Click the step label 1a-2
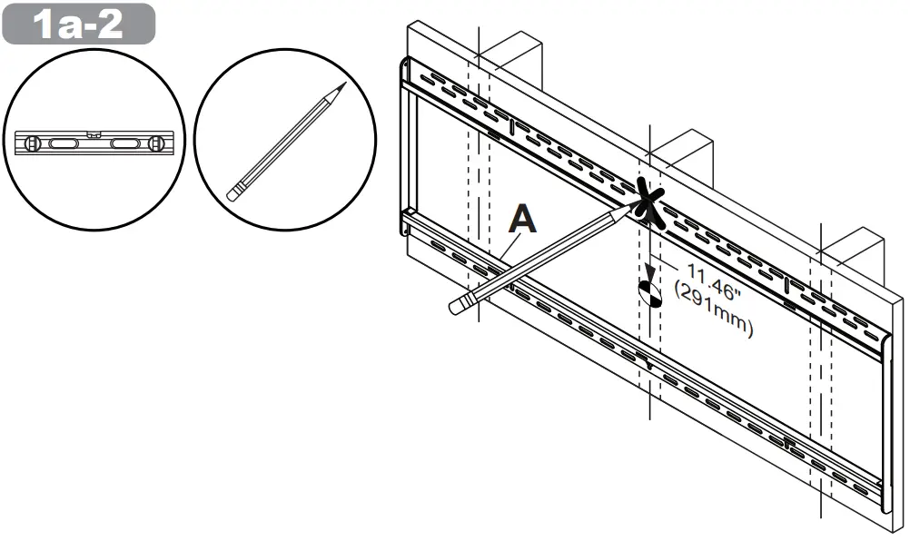[x=78, y=25]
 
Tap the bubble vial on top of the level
[x=93, y=134]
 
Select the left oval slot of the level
[x=64, y=144]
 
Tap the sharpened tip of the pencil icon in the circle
[x=343, y=85]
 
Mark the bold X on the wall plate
[x=649, y=201]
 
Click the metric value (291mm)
[x=713, y=313]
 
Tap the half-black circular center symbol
[x=651, y=291]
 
